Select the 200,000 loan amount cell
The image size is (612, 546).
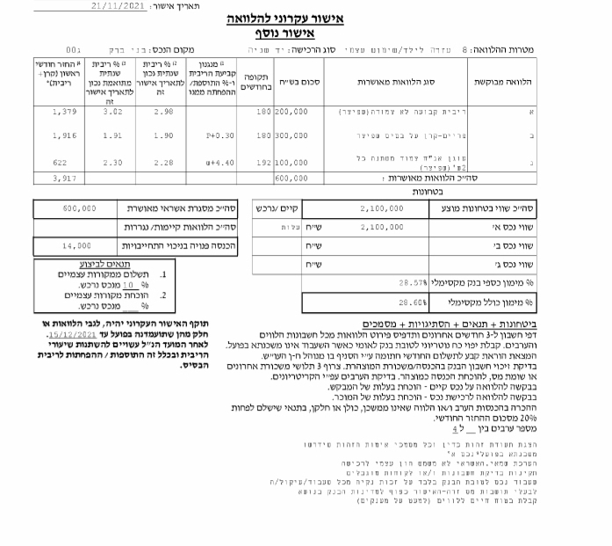point(292,113)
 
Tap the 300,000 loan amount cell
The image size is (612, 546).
point(292,136)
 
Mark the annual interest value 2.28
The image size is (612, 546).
point(163,163)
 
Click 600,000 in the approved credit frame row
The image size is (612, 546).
point(80,209)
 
